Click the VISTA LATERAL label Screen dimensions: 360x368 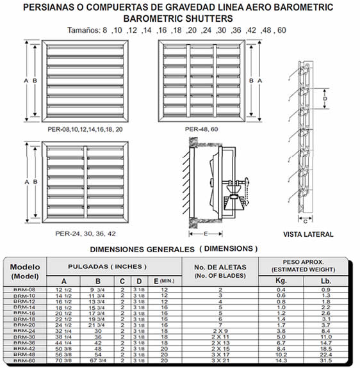point(308,234)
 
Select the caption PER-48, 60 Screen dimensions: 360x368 point(202,129)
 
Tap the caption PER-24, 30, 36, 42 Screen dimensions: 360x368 point(85,234)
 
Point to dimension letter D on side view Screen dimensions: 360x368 point(325,99)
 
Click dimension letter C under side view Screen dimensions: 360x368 point(305,221)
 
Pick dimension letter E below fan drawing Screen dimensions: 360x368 point(206,234)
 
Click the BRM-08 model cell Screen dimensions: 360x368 point(24,290)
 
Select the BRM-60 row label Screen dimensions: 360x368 point(24,360)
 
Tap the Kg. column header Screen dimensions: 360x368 point(281,280)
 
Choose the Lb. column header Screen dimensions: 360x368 point(325,281)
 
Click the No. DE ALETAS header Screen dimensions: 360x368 point(220,267)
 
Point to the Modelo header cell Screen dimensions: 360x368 point(25,271)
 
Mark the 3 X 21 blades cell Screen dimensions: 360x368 point(220,360)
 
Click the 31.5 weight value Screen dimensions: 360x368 point(325,360)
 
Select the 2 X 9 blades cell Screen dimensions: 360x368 point(220,331)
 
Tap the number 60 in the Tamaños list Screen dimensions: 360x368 point(282,30)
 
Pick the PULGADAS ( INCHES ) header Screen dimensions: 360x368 point(108,267)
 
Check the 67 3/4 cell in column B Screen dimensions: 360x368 point(98,360)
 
